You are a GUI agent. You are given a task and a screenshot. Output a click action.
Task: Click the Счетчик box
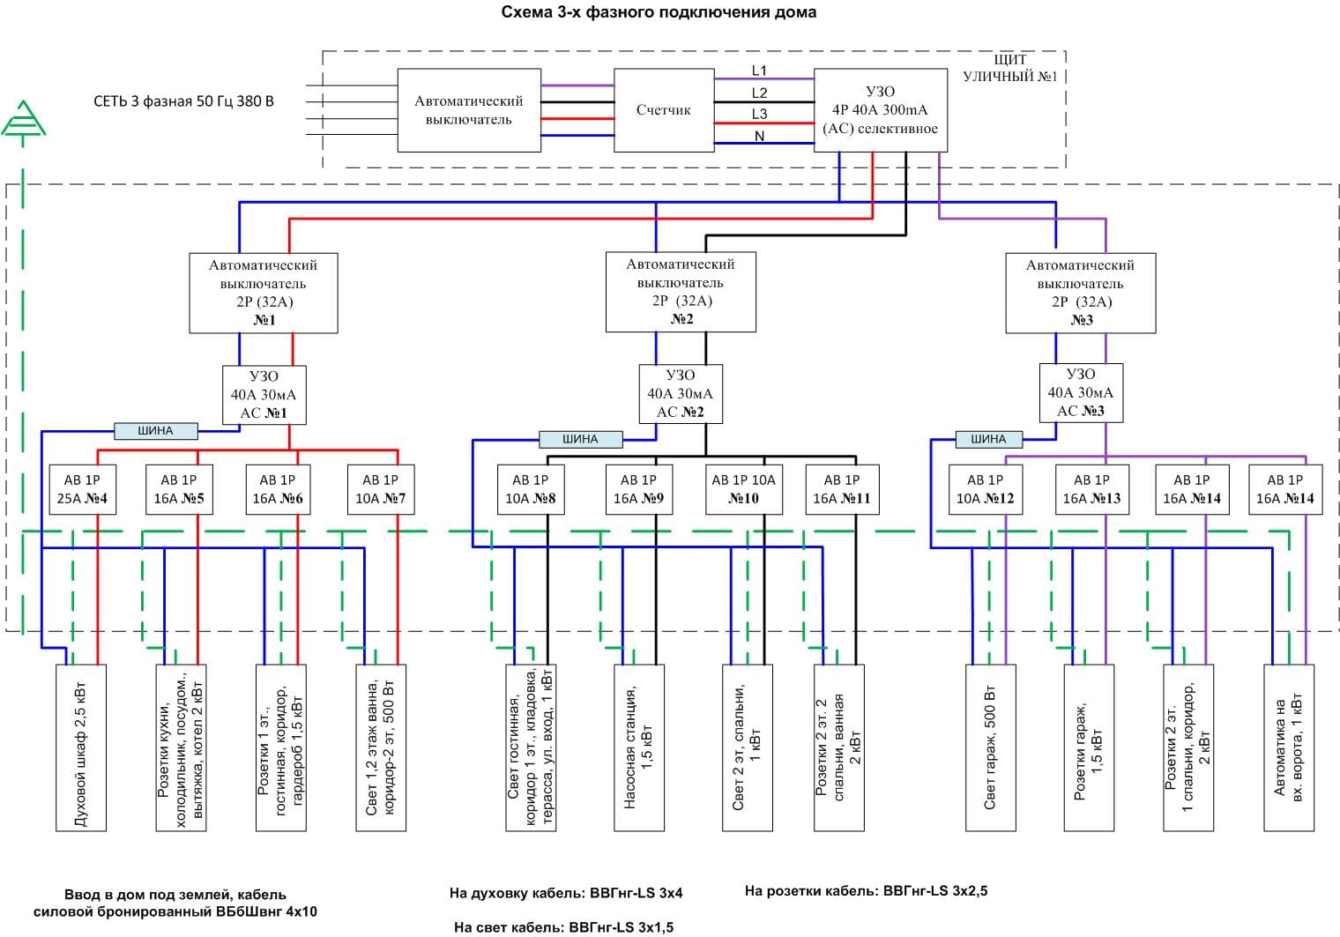point(663,110)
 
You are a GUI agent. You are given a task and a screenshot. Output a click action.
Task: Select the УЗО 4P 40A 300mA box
point(879,110)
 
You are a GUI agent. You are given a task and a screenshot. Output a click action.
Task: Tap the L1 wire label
point(759,71)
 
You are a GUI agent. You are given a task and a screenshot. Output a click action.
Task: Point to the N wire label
point(759,136)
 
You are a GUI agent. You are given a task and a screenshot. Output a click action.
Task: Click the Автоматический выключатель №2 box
point(681,292)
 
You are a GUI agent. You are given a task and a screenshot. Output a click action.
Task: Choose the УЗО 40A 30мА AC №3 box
point(1080,392)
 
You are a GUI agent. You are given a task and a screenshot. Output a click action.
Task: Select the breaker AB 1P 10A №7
point(380,489)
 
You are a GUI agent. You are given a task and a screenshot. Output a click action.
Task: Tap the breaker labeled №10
point(743,489)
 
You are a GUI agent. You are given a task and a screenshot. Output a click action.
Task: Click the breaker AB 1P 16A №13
point(1091,489)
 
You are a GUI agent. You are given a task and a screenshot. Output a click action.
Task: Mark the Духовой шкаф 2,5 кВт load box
point(81,747)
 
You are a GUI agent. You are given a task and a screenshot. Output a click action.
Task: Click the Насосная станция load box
point(639,747)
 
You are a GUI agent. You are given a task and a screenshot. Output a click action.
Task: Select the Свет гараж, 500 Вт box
point(991,747)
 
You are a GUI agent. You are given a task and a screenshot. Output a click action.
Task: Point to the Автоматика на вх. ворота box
point(1289,747)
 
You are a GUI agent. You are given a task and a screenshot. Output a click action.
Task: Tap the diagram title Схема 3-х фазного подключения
point(659,12)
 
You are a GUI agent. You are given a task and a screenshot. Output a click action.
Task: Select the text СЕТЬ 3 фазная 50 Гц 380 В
point(183,101)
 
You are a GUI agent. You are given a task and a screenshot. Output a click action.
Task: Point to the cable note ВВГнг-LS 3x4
point(566,893)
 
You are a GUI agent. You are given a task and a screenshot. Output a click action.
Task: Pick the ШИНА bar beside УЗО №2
point(580,439)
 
